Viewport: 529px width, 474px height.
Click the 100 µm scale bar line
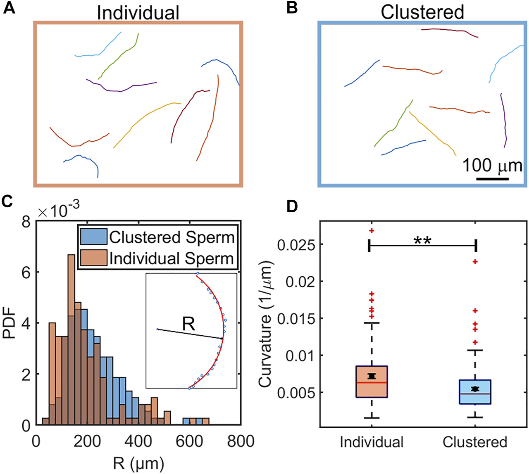click(x=492, y=179)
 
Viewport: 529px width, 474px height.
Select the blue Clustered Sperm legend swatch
click(x=93, y=237)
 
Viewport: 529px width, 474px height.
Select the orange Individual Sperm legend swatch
click(x=93, y=258)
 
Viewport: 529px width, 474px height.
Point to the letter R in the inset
click(x=188, y=325)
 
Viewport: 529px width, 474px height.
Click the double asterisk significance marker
click(x=422, y=241)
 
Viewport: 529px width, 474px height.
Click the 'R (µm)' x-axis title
click(x=138, y=464)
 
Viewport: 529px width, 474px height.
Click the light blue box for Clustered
click(x=475, y=392)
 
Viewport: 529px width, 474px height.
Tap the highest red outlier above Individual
click(x=372, y=230)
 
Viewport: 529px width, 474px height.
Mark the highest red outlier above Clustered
click(x=475, y=261)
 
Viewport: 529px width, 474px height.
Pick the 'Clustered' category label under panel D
click(x=475, y=442)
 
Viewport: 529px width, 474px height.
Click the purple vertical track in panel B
click(x=503, y=120)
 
